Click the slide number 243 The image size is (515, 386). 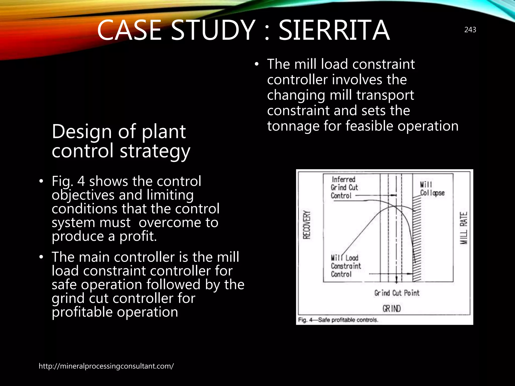pos(470,30)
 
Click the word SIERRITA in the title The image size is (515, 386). pos(334,30)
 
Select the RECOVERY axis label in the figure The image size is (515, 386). pos(307,225)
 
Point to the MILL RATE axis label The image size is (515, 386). pos(463,228)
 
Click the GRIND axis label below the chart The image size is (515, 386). pos(392,308)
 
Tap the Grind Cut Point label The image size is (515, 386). pos(397,293)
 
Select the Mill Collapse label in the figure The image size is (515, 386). pos(432,189)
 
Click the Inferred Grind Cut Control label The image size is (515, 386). pos(344,187)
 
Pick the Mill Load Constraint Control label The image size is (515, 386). pos(346,266)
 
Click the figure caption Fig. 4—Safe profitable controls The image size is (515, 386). pos(338,320)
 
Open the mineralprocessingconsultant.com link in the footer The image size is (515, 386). pos(106,366)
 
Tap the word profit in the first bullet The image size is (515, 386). pos(138,236)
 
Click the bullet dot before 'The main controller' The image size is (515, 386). pos(41,257)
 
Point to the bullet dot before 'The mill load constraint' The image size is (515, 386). pos(256,64)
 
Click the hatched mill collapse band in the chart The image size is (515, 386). pos(417,239)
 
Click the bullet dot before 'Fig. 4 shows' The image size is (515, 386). pos(41,181)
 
